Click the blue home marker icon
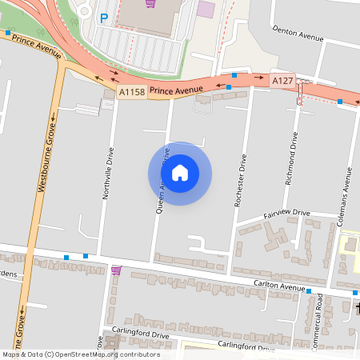[x=180, y=173]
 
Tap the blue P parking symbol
[x=102, y=17]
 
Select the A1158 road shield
[x=132, y=94]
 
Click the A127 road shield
[x=282, y=81]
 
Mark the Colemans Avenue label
[x=349, y=191]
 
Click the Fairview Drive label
[x=286, y=214]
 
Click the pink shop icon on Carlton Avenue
[x=117, y=270]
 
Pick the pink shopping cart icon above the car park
[x=150, y=3]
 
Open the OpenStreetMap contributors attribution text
[x=81, y=354]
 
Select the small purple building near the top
[x=206, y=10]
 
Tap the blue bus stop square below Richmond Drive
[x=308, y=292]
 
